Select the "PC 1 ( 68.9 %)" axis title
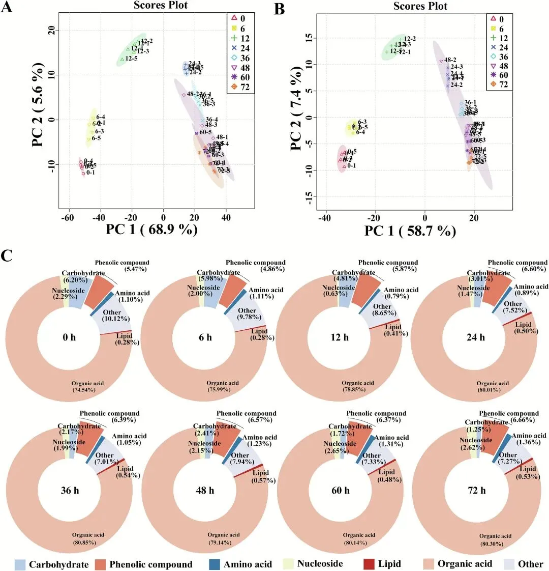coord(151,230)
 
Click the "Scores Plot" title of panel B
coord(420,6)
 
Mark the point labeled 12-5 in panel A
coord(122,60)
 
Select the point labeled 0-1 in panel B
coord(344,166)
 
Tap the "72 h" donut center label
coord(476,491)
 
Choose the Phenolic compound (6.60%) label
coord(517,266)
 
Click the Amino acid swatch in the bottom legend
coord(214,564)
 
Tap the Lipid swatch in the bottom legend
coord(370,564)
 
